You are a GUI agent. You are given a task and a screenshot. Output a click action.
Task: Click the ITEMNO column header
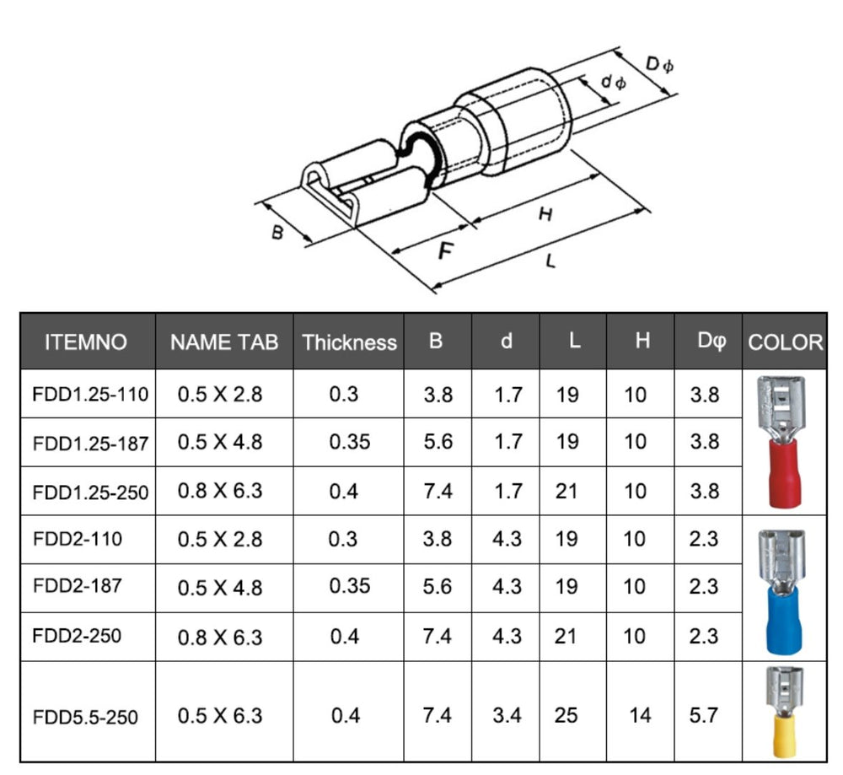86,342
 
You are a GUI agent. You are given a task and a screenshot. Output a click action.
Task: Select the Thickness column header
349,342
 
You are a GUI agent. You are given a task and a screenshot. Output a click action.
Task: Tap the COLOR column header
785,342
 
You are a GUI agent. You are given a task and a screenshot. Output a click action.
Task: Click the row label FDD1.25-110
90,394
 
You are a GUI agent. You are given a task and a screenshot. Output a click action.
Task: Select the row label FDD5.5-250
85,718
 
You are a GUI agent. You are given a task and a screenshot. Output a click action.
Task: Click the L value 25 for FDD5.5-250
566,716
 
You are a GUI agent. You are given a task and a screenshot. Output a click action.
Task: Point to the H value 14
640,716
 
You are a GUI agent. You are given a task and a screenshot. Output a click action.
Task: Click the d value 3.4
507,716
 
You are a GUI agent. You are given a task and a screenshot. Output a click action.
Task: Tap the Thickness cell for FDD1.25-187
349,442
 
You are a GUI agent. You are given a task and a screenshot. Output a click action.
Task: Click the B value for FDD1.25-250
438,490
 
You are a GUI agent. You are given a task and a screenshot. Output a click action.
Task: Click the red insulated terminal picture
781,441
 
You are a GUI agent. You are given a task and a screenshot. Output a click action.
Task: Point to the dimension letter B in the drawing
277,232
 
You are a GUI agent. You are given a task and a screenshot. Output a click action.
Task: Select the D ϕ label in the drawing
659,65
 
